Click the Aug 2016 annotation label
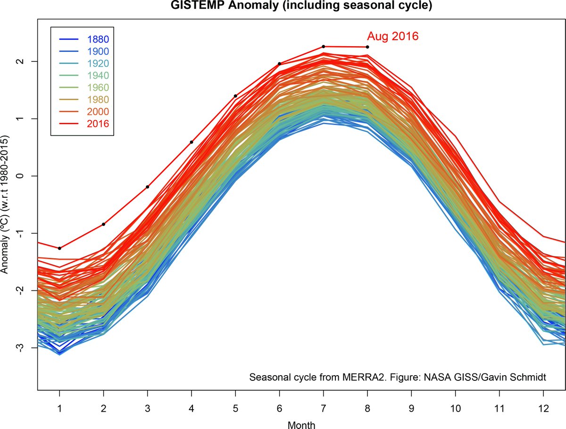click(392, 36)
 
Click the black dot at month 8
click(367, 47)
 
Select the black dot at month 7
click(324, 46)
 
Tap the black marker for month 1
click(59, 248)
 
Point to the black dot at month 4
click(191, 142)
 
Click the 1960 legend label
click(98, 87)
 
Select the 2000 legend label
click(98, 112)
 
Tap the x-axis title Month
click(301, 424)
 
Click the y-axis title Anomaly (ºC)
click(5, 205)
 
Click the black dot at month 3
click(148, 187)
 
